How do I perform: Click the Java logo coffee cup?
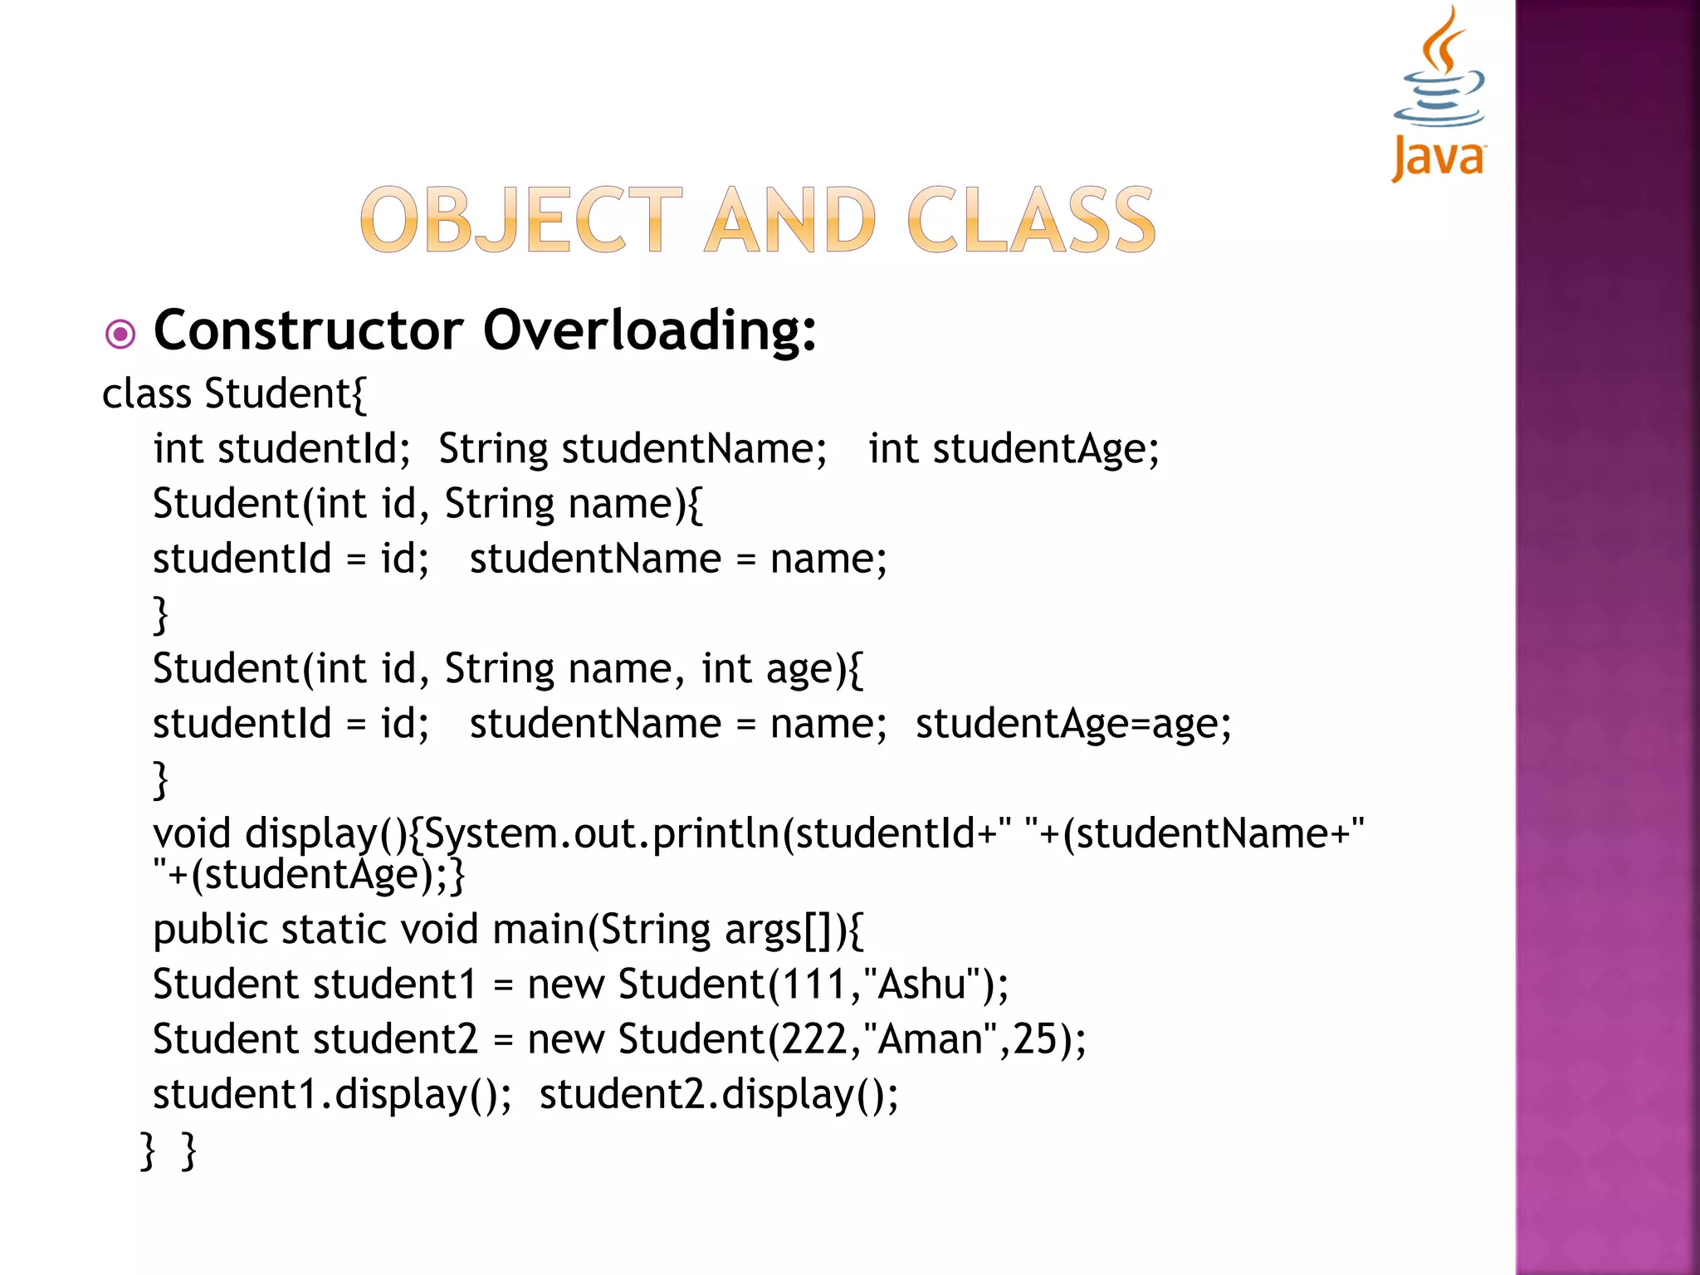(1439, 75)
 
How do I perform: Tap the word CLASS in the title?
(1031, 220)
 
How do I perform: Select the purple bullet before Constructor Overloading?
(121, 335)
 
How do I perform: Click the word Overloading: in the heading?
(650, 330)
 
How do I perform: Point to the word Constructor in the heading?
(308, 330)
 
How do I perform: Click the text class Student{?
(234, 393)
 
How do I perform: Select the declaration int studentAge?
(1014, 449)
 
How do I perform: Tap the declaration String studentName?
(633, 449)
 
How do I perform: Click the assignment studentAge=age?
(1073, 724)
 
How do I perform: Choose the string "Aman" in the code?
(931, 1039)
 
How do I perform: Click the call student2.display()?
(719, 1094)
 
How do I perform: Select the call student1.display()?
(332, 1094)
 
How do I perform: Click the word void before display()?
(192, 833)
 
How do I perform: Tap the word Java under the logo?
(1439, 156)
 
